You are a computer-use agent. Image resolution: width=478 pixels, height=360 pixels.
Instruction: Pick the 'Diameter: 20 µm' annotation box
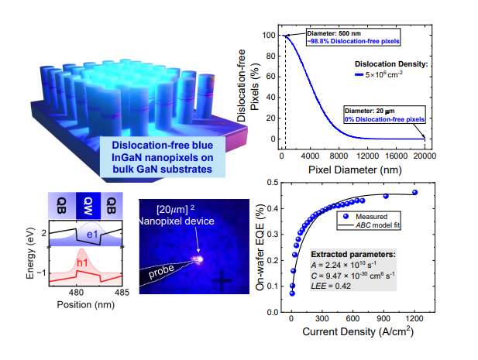384,116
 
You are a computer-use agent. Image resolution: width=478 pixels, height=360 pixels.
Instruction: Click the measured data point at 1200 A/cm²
416,192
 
